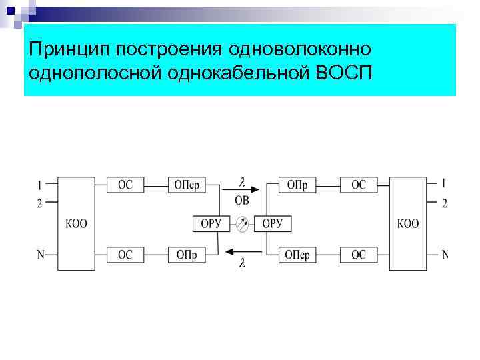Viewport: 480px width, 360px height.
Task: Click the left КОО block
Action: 76,223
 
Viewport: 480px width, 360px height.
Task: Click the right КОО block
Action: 408,223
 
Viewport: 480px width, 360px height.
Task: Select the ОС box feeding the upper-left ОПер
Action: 125,185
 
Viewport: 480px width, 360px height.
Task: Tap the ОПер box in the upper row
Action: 187,185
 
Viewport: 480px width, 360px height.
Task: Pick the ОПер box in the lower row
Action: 297,254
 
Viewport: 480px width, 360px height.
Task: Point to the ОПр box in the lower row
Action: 187,254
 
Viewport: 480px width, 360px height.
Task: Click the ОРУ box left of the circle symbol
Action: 211,224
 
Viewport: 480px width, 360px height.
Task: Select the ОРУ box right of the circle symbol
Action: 273,224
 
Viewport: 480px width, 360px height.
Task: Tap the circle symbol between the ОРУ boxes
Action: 242,225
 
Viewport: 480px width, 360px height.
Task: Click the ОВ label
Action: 243,200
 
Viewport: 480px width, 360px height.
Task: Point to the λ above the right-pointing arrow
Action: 242,181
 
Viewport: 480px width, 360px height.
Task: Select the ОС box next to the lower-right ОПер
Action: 359,254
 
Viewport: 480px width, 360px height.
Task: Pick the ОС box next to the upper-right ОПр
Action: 359,185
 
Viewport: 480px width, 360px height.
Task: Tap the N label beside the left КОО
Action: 41,254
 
